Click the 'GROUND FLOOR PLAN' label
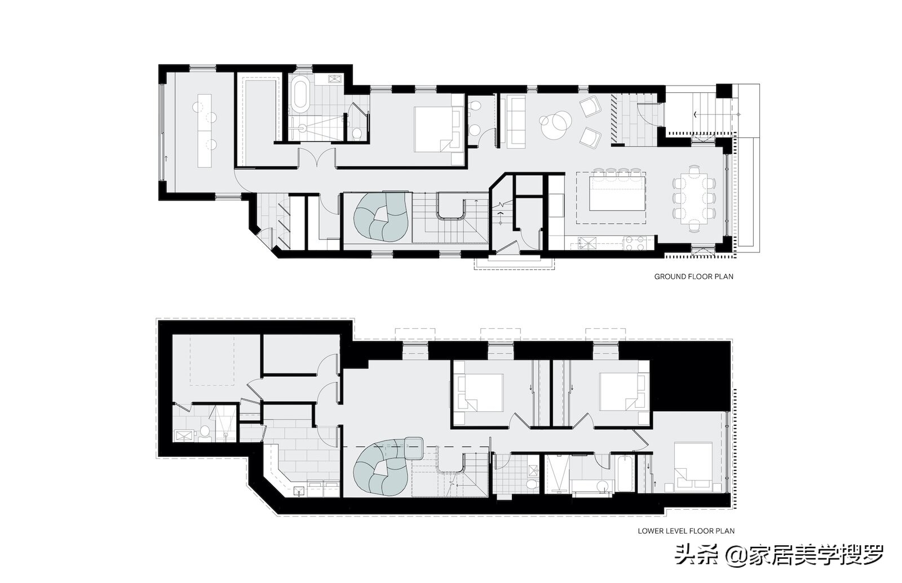[x=693, y=277]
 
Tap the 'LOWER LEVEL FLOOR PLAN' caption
[x=686, y=531]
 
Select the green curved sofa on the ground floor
[x=381, y=215]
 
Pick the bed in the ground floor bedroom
[x=436, y=129]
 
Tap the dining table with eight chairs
[x=695, y=198]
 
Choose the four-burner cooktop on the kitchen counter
[x=635, y=243]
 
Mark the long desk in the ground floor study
[x=204, y=130]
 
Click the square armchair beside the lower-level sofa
[x=415, y=448]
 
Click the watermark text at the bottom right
[x=779, y=555]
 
